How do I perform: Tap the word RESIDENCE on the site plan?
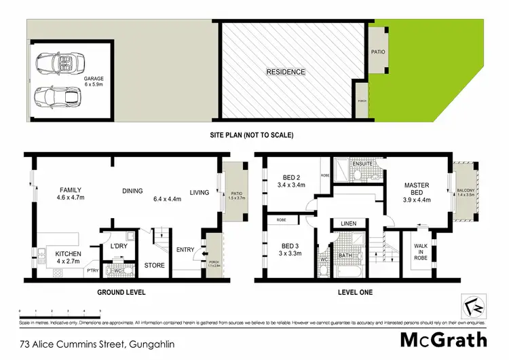tap(285, 72)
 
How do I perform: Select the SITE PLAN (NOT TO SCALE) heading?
tap(251, 135)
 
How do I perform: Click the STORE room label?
tap(155, 265)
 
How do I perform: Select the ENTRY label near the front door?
tap(185, 250)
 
